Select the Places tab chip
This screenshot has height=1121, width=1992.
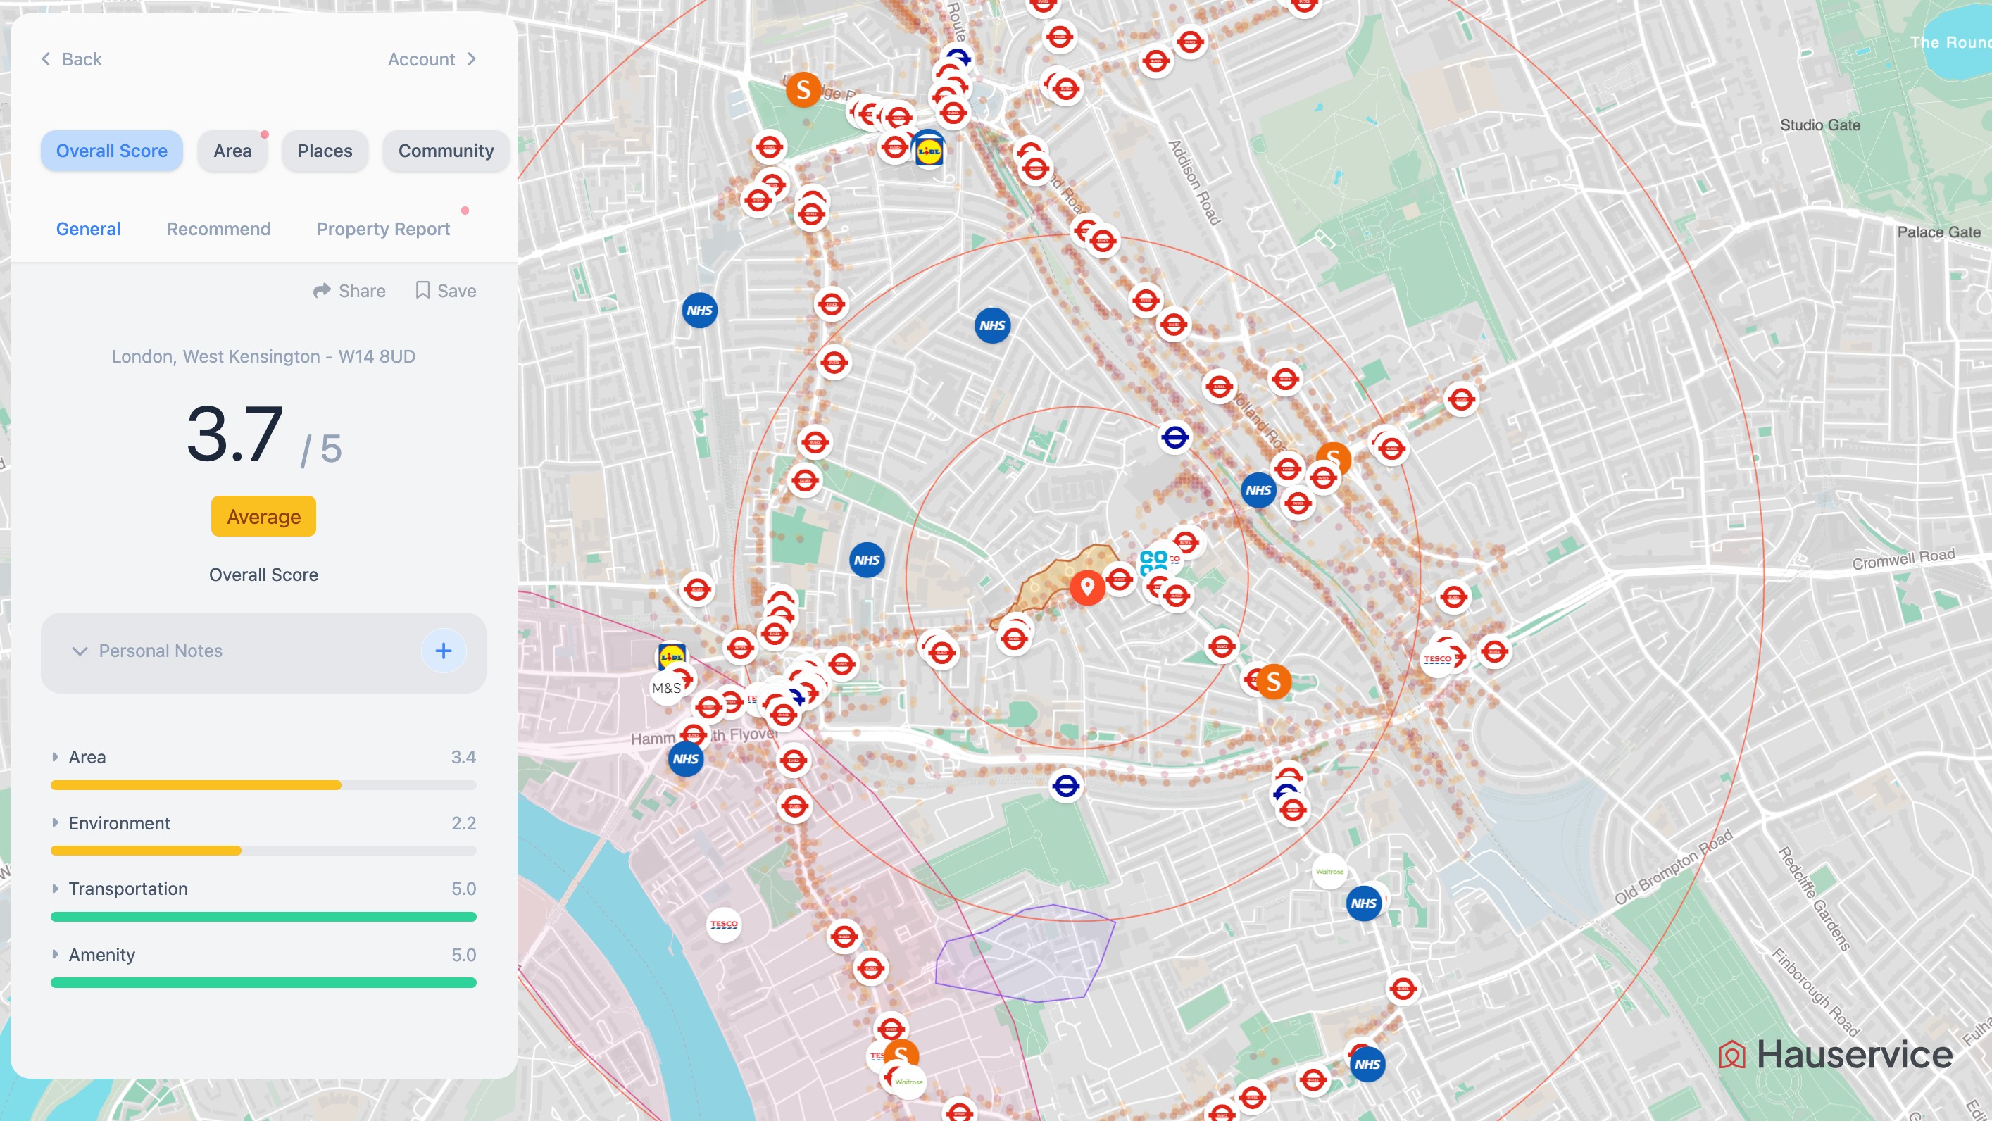coord(325,151)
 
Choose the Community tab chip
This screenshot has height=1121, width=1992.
coord(446,151)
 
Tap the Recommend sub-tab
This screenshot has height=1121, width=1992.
coord(218,229)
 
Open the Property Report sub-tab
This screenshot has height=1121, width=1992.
coord(383,229)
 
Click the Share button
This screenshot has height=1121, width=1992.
coord(349,291)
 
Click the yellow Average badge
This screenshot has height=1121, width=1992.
coord(263,516)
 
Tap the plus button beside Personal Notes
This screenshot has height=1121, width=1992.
coord(443,651)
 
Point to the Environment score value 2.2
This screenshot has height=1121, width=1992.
coord(463,823)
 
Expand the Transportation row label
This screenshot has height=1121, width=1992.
coord(127,889)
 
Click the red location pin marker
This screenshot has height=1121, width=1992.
coord(1086,587)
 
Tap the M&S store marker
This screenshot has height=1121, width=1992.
coord(666,688)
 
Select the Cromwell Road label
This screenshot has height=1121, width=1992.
coord(1903,559)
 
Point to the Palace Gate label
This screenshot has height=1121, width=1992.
coord(1938,232)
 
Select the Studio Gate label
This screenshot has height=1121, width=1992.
coord(1819,125)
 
